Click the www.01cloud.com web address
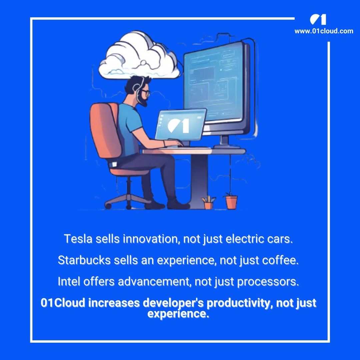(324, 31)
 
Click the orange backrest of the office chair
(103, 130)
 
